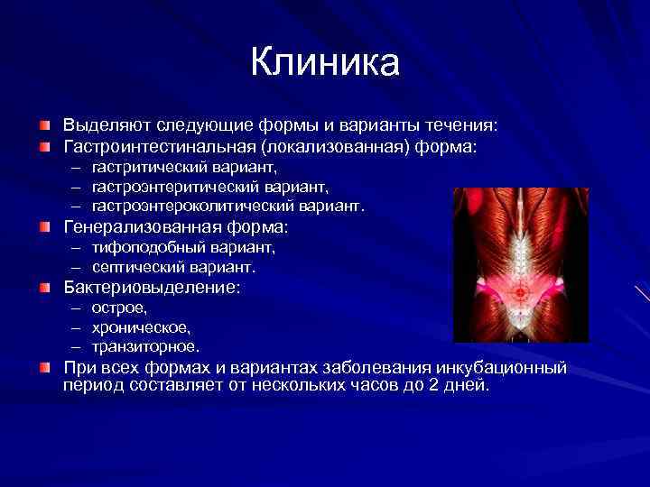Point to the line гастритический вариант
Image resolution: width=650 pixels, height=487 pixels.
(x=184, y=167)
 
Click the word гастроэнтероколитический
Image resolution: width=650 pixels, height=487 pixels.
(x=190, y=206)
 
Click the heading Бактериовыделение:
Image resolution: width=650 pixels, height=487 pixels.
(x=151, y=289)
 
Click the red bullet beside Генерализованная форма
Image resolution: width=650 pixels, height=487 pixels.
(x=44, y=227)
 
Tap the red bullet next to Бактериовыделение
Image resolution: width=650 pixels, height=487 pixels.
(x=44, y=289)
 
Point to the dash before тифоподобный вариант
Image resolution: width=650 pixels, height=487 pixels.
(x=78, y=247)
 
